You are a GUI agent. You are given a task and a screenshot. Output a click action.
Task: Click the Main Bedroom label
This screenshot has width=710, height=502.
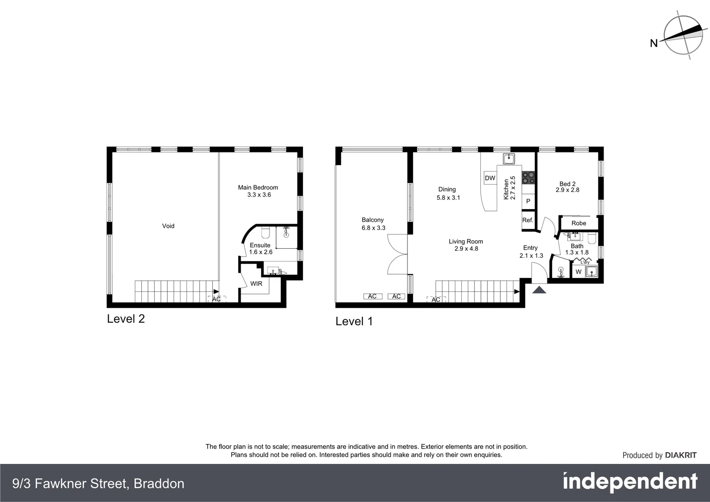(x=258, y=187)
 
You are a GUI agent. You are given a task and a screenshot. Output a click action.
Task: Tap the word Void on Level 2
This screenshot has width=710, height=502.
(x=168, y=226)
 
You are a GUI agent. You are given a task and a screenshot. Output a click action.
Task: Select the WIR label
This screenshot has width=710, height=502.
(x=256, y=284)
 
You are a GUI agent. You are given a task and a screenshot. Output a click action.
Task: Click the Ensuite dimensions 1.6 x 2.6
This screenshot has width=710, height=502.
(x=261, y=252)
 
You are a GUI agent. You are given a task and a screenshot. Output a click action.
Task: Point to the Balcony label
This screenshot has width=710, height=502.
(x=373, y=220)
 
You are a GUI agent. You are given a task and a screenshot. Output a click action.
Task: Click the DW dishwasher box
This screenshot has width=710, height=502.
(x=490, y=178)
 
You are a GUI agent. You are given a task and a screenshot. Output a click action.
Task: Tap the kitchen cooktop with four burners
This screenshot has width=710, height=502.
(x=528, y=178)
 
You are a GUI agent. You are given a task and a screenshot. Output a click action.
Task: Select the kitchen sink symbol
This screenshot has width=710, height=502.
(x=509, y=159)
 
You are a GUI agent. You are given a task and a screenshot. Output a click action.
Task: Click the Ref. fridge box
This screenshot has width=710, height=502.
(x=528, y=220)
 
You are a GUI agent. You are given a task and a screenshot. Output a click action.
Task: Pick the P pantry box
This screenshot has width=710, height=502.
(x=528, y=201)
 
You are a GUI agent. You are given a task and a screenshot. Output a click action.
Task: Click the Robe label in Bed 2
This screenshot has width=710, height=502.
(x=579, y=223)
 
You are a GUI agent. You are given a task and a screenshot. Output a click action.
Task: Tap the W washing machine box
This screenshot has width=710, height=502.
(x=579, y=272)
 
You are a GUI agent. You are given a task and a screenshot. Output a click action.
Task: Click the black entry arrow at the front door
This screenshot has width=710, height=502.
(x=539, y=290)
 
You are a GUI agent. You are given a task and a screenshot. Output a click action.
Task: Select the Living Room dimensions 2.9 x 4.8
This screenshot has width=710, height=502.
(x=466, y=249)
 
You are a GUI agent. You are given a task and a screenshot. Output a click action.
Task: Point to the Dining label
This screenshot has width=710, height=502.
(x=447, y=189)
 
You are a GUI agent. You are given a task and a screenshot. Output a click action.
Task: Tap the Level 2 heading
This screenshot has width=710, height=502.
(x=126, y=319)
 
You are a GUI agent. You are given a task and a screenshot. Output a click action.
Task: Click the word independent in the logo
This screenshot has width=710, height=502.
(x=630, y=482)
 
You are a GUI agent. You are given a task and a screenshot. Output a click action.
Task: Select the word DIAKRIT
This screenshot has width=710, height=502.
(x=681, y=456)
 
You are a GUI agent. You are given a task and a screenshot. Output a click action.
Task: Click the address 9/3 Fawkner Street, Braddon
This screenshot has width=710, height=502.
(x=99, y=484)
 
